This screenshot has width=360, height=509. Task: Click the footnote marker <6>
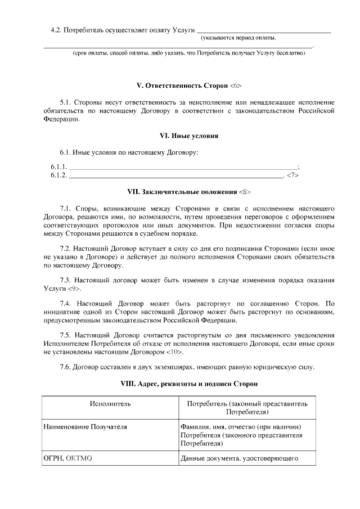coord(236,86)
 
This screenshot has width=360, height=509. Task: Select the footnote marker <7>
coord(292,175)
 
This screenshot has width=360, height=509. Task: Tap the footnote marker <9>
coord(74,289)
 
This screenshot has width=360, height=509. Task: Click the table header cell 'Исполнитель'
coord(110,404)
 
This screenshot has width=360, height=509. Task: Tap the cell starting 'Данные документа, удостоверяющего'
coord(238,459)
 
